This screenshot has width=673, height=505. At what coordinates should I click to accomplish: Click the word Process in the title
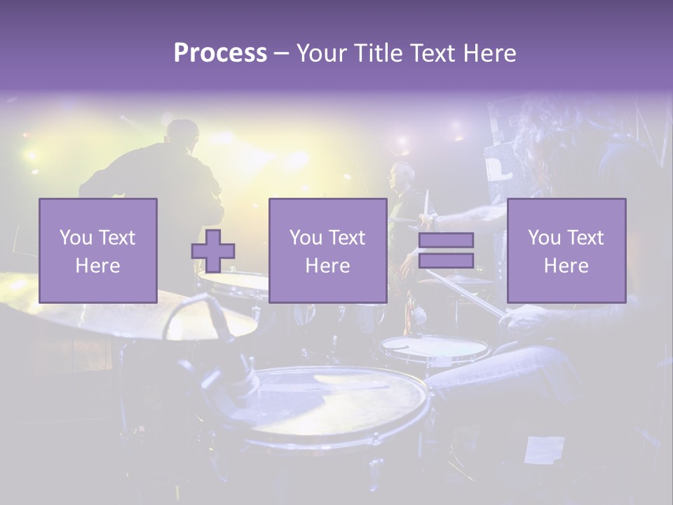pyautogui.click(x=220, y=53)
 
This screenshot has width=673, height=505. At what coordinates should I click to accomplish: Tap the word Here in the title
pyautogui.click(x=488, y=53)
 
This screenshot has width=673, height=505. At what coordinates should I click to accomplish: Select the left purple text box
pyautogui.click(x=98, y=250)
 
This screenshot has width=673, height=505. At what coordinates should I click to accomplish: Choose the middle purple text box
pyautogui.click(x=327, y=250)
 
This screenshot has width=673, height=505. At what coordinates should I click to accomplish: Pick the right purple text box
pyautogui.click(x=566, y=250)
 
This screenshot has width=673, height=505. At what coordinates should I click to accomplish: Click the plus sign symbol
pyautogui.click(x=213, y=251)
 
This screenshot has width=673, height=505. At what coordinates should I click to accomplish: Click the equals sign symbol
pyautogui.click(x=446, y=250)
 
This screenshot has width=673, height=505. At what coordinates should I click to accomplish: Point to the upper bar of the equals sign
pyautogui.click(x=446, y=241)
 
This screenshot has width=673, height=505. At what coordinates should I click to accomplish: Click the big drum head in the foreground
pyautogui.click(x=336, y=400)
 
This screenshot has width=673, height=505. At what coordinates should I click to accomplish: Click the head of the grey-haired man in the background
pyautogui.click(x=402, y=174)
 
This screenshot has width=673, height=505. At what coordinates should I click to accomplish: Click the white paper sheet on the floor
pyautogui.click(x=545, y=449)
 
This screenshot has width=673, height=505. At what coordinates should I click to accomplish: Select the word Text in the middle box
pyautogui.click(x=348, y=238)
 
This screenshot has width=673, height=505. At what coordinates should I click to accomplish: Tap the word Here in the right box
pyautogui.click(x=566, y=266)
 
